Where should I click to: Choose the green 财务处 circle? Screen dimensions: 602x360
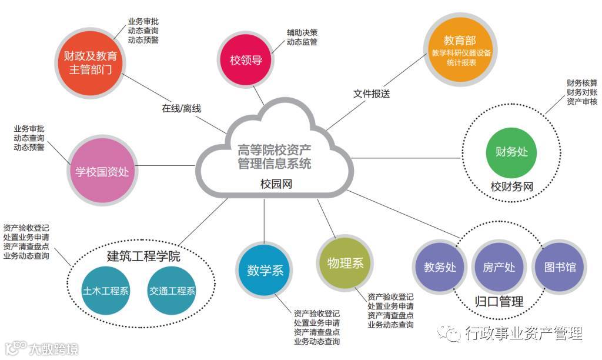tap(511, 152)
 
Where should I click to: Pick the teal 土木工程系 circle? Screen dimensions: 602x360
tap(106, 290)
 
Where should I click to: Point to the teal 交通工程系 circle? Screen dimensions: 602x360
tap(172, 290)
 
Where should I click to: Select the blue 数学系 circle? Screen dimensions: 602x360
tap(265, 271)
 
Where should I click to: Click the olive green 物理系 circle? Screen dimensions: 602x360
tap(346, 262)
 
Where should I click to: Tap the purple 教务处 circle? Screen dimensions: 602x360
tap(440, 267)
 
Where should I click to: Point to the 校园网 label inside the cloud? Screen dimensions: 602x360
tap(276, 184)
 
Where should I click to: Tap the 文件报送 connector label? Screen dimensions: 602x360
tap(372, 94)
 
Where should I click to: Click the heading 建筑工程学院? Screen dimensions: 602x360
tap(143, 256)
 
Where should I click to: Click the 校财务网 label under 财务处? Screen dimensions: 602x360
tap(511, 187)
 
